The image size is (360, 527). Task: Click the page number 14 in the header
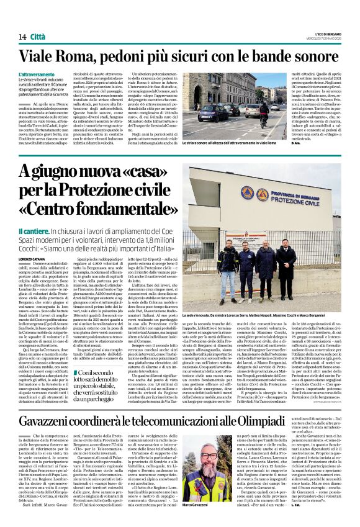point(22,37)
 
